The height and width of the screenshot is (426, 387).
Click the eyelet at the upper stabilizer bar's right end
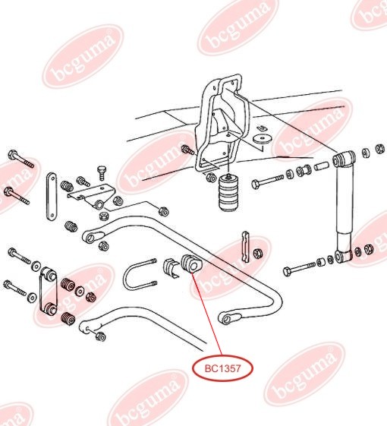coord(227,317)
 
